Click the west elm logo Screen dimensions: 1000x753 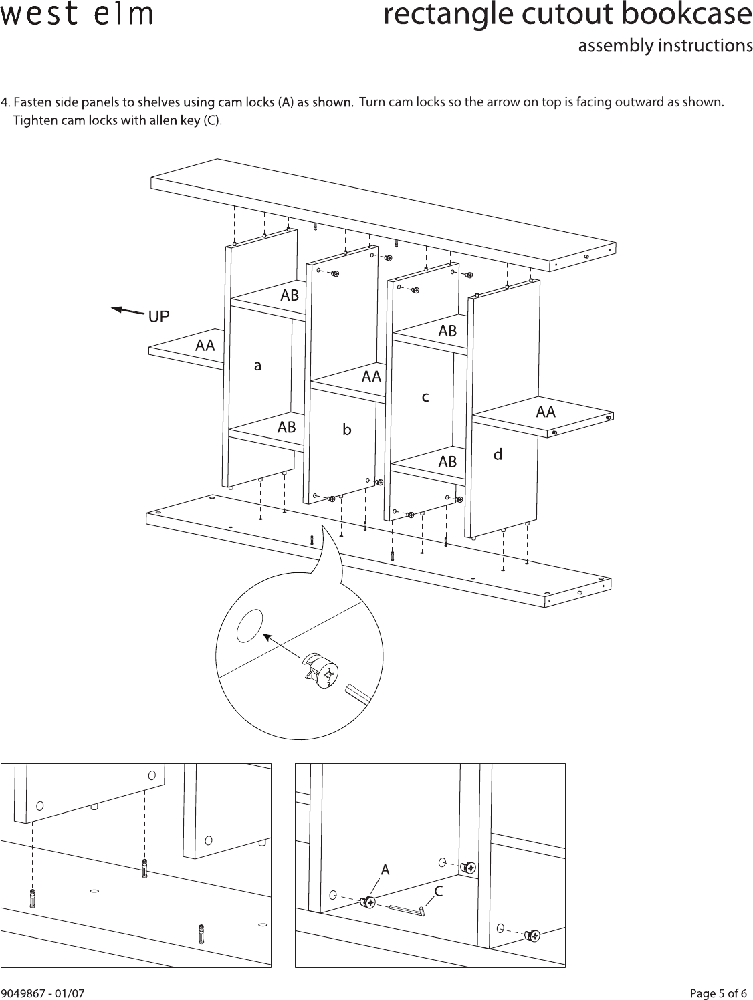[x=76, y=15]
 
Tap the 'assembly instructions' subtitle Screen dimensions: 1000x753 [x=665, y=46]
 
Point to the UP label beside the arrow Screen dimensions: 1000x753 [x=158, y=317]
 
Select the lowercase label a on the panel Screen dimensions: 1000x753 [x=257, y=366]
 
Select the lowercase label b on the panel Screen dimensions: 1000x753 [x=346, y=430]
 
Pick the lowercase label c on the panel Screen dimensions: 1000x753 [x=425, y=397]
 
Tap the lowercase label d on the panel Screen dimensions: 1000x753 [x=498, y=455]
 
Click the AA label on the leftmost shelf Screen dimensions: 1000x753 [x=205, y=346]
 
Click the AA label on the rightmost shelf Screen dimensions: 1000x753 [x=546, y=412]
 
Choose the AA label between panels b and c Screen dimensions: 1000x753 [x=371, y=377]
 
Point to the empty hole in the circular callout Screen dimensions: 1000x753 [x=249, y=623]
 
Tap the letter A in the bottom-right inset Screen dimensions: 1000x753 [x=385, y=870]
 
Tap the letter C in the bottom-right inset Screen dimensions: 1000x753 [x=439, y=891]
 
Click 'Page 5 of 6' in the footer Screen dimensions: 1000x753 [x=719, y=993]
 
